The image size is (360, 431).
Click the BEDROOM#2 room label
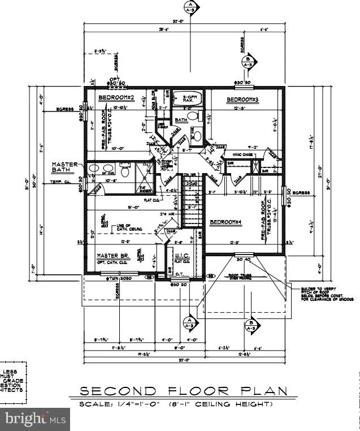click(x=115, y=97)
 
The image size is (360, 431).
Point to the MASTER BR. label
click(x=115, y=256)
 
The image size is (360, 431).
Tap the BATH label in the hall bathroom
click(x=181, y=120)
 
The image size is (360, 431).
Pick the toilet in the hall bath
click(x=192, y=117)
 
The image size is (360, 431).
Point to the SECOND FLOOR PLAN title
click(x=183, y=391)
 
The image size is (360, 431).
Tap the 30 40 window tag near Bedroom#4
click(x=244, y=260)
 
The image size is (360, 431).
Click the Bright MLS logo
click(x=34, y=419)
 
